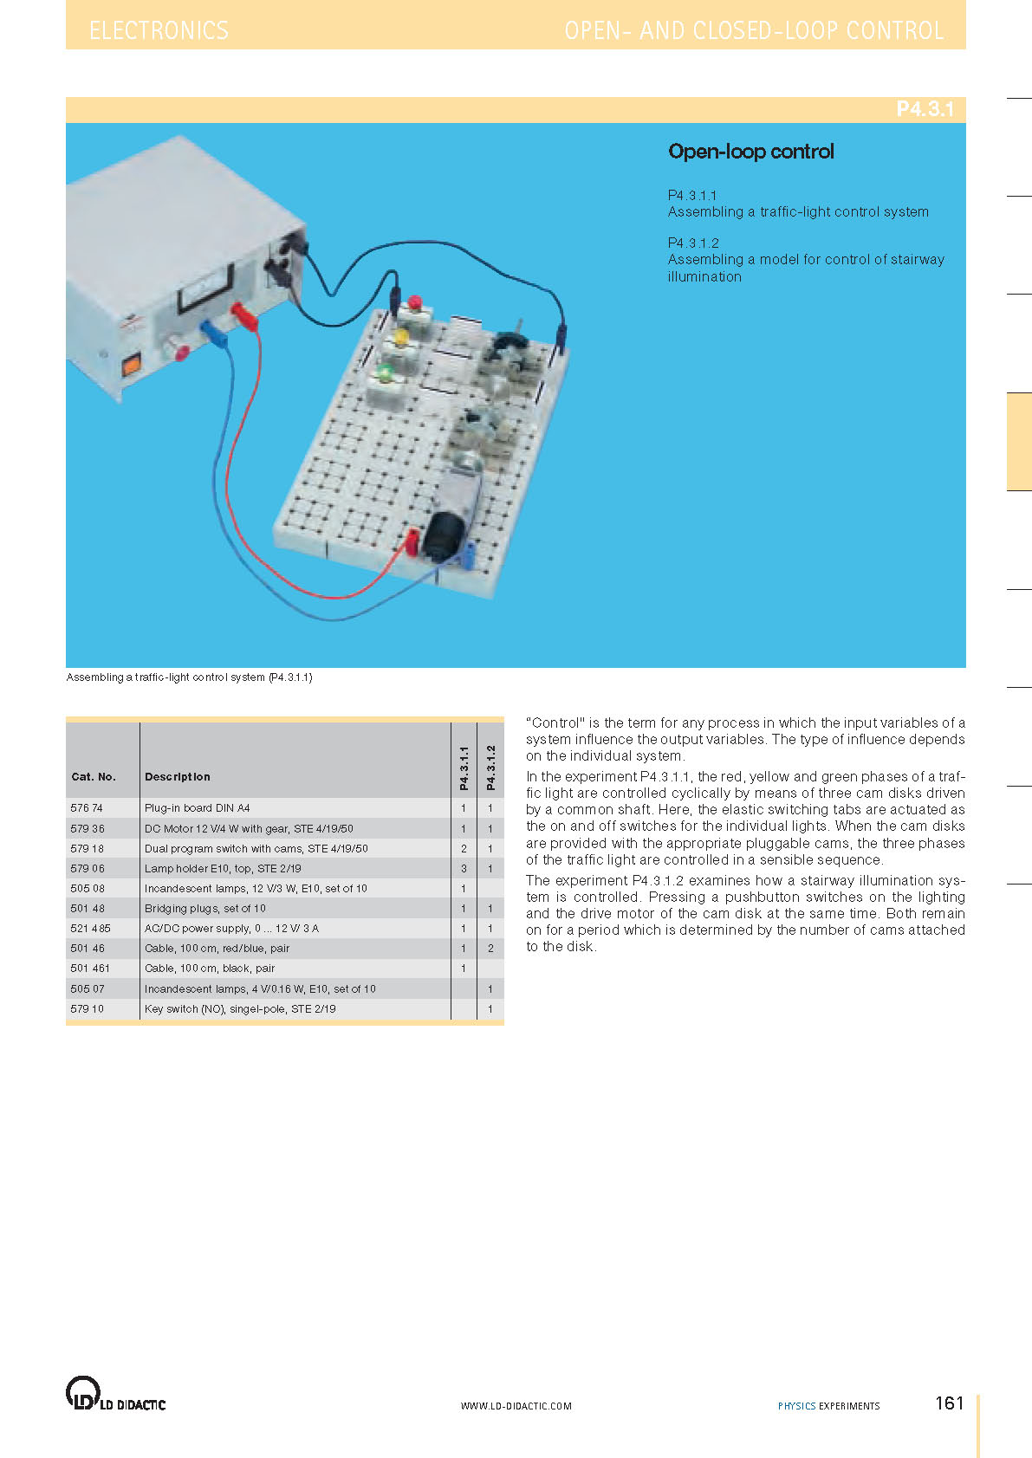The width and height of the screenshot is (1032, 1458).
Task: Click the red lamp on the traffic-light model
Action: [x=414, y=302]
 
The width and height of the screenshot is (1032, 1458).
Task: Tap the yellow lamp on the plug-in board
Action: [x=400, y=337]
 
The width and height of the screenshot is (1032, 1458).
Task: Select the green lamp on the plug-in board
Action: [x=385, y=373]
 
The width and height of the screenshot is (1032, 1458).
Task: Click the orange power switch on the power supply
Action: [x=131, y=365]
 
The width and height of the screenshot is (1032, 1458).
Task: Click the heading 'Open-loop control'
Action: [x=750, y=152]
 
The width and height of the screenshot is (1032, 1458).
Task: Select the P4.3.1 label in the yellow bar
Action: [x=925, y=109]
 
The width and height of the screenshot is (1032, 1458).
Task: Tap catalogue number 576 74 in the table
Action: [x=87, y=808]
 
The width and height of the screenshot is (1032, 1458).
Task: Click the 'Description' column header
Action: [x=177, y=777]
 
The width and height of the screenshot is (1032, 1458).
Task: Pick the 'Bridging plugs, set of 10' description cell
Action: [x=205, y=908]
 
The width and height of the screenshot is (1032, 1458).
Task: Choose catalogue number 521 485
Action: [x=90, y=928]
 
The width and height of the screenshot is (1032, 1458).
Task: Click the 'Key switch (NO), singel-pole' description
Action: [x=240, y=1008]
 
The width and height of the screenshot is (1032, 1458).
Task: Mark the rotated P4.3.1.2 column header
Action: [x=490, y=768]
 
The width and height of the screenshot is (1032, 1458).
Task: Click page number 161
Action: [x=949, y=1403]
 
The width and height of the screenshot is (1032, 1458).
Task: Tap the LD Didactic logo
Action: [x=115, y=1394]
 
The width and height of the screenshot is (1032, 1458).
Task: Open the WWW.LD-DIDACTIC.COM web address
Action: [x=516, y=1406]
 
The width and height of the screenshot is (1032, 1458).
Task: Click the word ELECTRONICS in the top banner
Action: [x=159, y=31]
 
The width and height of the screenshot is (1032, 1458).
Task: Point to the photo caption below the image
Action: [x=190, y=677]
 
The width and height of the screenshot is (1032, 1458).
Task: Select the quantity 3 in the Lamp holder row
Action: [x=464, y=868]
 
